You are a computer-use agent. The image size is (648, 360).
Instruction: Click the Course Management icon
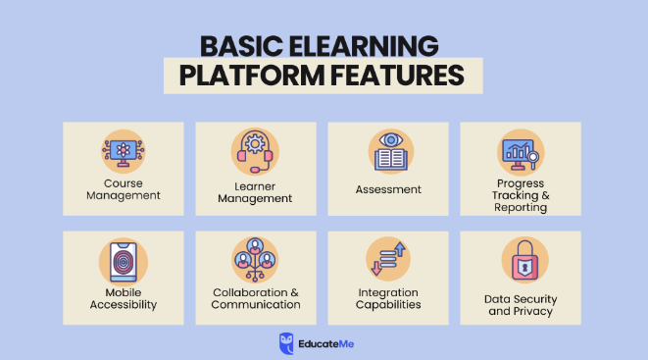coord(123,152)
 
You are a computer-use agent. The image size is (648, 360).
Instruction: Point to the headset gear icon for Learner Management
coord(255,151)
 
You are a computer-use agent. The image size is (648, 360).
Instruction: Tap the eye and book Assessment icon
coord(388,151)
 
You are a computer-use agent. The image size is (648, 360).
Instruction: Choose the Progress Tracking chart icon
coord(520,152)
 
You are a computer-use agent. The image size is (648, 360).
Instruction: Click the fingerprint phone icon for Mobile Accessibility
coord(123,262)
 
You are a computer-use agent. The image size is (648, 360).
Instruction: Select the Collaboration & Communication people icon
coord(255,261)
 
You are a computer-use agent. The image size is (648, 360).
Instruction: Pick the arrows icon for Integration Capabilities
coord(388,261)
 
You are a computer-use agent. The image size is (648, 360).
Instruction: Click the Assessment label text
coord(388,189)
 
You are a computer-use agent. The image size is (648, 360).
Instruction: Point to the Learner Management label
coord(255,191)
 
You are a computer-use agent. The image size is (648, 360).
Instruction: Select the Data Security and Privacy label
coord(520,304)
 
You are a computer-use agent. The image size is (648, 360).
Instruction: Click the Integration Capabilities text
coord(388,298)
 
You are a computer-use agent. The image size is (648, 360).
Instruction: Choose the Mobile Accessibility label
coord(123,298)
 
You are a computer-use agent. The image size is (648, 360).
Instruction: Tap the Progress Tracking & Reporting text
coord(520,195)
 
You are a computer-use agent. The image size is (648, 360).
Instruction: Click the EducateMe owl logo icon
coord(286,339)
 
